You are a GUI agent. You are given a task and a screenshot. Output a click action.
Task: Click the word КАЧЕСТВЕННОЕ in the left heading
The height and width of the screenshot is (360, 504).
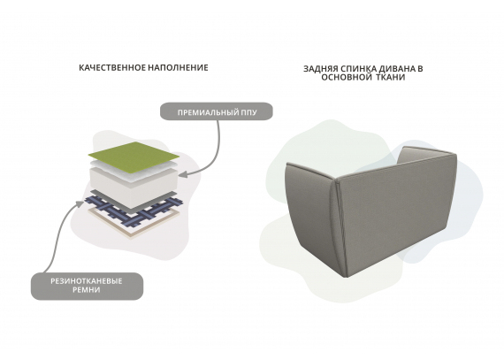(112, 68)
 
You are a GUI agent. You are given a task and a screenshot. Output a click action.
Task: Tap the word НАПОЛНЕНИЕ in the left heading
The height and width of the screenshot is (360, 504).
(179, 68)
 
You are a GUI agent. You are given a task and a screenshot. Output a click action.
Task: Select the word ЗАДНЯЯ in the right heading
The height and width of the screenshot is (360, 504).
(319, 69)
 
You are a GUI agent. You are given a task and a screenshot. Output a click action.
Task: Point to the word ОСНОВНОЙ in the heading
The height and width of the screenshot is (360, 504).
(347, 78)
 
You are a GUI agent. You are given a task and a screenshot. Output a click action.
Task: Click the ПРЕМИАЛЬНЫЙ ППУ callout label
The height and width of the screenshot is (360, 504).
(217, 111)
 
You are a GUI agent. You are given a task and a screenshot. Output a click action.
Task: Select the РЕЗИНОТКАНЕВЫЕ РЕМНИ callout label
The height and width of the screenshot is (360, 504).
(87, 286)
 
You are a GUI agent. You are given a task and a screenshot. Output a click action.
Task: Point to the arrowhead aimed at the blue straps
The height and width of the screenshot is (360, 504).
(80, 203)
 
